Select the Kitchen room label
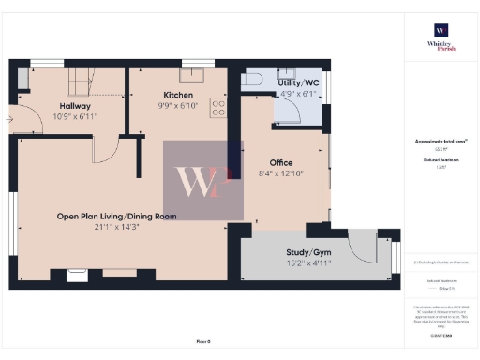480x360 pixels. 178,96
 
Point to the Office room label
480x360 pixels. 281,163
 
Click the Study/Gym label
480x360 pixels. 307,253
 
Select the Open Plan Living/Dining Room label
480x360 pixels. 116,217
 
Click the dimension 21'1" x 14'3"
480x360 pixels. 116,228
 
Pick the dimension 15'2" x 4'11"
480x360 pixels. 307,264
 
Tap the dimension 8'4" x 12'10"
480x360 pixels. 281,174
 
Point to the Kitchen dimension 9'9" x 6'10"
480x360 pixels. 178,107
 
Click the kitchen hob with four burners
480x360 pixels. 218,108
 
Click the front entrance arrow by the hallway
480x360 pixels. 8,119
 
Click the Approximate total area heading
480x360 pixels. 439,142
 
